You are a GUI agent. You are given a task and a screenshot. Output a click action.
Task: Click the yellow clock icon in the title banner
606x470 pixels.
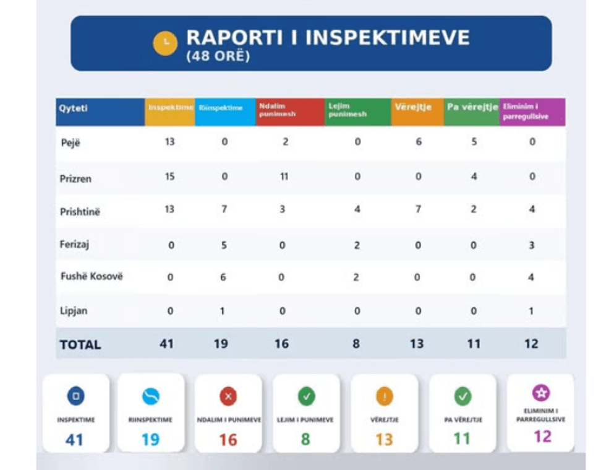165,43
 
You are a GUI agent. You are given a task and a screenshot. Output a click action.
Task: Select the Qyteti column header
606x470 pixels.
74,108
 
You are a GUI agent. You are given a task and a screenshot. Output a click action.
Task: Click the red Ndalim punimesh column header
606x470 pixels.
290,111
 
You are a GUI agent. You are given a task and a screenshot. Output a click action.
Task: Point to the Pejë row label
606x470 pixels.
72,142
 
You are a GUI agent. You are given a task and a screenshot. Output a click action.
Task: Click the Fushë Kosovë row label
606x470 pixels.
91,276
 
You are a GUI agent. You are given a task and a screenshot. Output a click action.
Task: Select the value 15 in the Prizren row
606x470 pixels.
169,177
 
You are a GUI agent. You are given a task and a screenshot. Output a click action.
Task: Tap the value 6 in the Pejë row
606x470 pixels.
419,142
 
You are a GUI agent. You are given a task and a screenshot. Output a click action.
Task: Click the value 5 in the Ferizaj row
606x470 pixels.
224,245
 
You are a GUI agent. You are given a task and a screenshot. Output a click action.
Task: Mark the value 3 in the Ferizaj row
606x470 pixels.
531,245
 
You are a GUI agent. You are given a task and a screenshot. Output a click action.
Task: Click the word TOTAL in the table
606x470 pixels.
80,344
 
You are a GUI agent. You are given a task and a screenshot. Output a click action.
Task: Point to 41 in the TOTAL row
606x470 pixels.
166,344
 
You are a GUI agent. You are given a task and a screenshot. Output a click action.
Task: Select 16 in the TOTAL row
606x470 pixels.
281,344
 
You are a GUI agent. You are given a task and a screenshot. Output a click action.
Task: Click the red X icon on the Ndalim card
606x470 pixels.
228,396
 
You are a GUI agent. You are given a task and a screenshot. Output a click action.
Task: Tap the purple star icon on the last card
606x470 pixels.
541,393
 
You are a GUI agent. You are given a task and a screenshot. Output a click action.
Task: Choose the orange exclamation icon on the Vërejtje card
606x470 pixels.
384,396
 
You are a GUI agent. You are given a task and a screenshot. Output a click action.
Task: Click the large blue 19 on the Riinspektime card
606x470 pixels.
150,440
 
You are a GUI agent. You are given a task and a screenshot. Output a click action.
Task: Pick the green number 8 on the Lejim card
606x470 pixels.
306,440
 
